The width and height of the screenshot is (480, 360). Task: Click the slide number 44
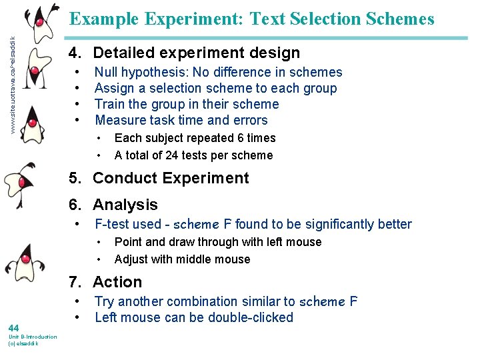[13, 327]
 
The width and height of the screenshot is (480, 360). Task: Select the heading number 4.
[74, 53]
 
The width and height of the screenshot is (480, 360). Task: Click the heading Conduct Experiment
[171, 178]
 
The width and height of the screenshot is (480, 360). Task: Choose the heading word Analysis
[125, 205]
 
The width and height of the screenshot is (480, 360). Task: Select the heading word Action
[117, 282]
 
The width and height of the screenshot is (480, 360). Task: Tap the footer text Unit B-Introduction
[32, 337]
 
